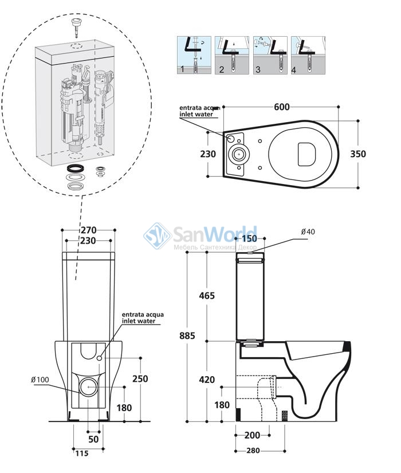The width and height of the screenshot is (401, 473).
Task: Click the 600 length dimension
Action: (282, 107)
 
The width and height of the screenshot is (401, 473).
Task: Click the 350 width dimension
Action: (358, 154)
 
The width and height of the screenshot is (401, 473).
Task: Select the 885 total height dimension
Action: (187, 335)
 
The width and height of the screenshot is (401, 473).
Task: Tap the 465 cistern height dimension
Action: (207, 296)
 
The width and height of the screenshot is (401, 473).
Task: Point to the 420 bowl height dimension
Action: (207, 380)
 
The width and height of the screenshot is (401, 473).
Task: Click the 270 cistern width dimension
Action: (89, 230)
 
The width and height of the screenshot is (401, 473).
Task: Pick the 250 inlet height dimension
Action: (140, 378)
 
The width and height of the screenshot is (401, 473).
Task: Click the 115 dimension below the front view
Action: (82, 454)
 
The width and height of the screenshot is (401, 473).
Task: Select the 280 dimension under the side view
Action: (253, 451)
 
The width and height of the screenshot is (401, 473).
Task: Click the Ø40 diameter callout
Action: (308, 232)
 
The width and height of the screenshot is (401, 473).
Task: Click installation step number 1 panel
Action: (194, 55)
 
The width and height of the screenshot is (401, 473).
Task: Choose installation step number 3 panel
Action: (270, 55)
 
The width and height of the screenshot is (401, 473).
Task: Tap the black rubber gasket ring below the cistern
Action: (75, 169)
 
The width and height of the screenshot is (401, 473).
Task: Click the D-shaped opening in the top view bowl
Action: (306, 154)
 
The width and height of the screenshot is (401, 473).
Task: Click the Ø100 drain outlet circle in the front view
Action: (88, 387)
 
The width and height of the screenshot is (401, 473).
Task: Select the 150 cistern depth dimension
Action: (250, 239)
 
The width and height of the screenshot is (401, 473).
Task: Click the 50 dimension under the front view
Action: (93, 439)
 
